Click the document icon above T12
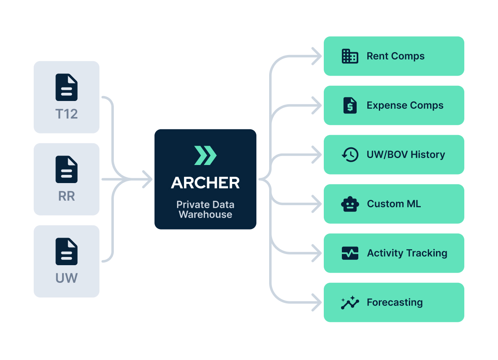(x=67, y=87)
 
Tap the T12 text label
(x=67, y=114)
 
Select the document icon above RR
(x=67, y=169)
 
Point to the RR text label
(x=67, y=196)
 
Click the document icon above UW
(x=67, y=251)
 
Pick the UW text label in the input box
(x=67, y=278)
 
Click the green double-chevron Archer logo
(x=205, y=155)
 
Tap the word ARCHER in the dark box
(x=205, y=183)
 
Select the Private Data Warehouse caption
(x=205, y=209)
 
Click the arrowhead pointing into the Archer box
(x=147, y=179)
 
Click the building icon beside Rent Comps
(x=350, y=56)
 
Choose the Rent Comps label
(x=395, y=56)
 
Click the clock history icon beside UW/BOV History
(x=350, y=155)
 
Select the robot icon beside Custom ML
(x=350, y=204)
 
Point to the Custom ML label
(x=394, y=204)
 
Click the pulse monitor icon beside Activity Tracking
(x=350, y=253)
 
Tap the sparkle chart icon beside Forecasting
(x=350, y=303)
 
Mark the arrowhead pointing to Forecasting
(x=317, y=303)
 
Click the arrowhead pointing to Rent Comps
(x=317, y=56)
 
